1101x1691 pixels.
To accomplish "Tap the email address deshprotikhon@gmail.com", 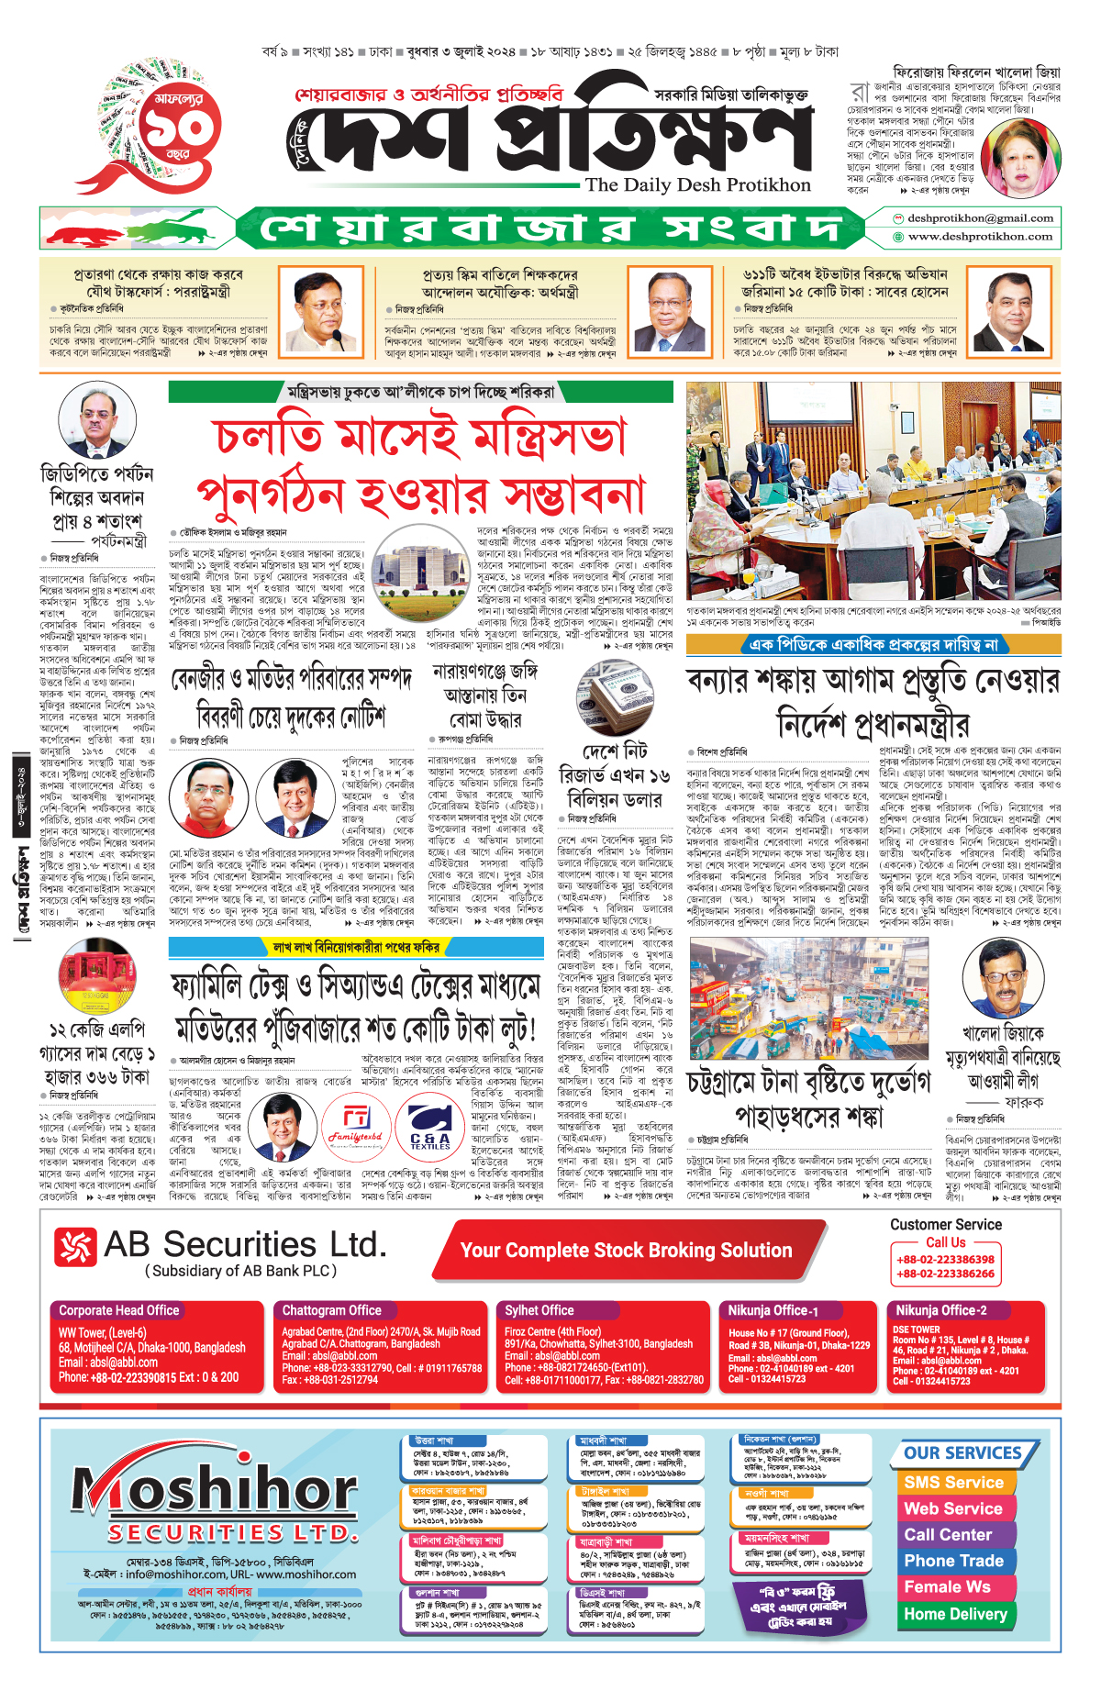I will [x=979, y=218].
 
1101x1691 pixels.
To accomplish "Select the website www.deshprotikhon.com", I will [x=979, y=237].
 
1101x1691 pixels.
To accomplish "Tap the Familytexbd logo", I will [x=356, y=1127].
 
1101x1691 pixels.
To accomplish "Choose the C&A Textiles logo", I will [x=430, y=1127].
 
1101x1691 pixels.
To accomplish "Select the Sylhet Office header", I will [x=539, y=1310].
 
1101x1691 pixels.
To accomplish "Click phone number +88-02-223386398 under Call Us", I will [x=945, y=1260].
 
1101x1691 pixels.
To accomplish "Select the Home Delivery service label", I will [x=955, y=1614].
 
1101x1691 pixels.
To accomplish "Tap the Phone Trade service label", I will [x=953, y=1561].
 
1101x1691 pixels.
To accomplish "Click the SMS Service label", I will [x=953, y=1483].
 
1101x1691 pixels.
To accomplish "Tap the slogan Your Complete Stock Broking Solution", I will [x=626, y=1251].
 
